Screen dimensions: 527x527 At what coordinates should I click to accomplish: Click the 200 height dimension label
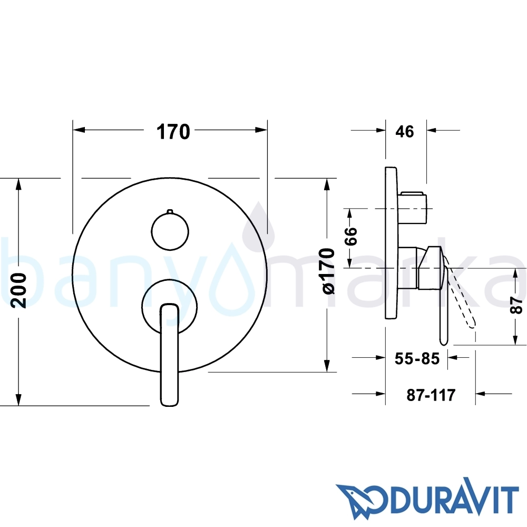18,290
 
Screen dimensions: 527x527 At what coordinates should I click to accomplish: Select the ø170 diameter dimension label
328,271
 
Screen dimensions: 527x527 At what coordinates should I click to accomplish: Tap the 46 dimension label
405,131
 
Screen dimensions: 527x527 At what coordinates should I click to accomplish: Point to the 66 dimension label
351,236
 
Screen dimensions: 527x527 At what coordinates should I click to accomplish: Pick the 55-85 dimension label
417,358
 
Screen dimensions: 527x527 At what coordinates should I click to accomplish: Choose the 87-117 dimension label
431,395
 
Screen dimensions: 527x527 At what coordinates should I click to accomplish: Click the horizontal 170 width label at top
173,132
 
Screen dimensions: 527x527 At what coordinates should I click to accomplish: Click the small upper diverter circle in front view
170,231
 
